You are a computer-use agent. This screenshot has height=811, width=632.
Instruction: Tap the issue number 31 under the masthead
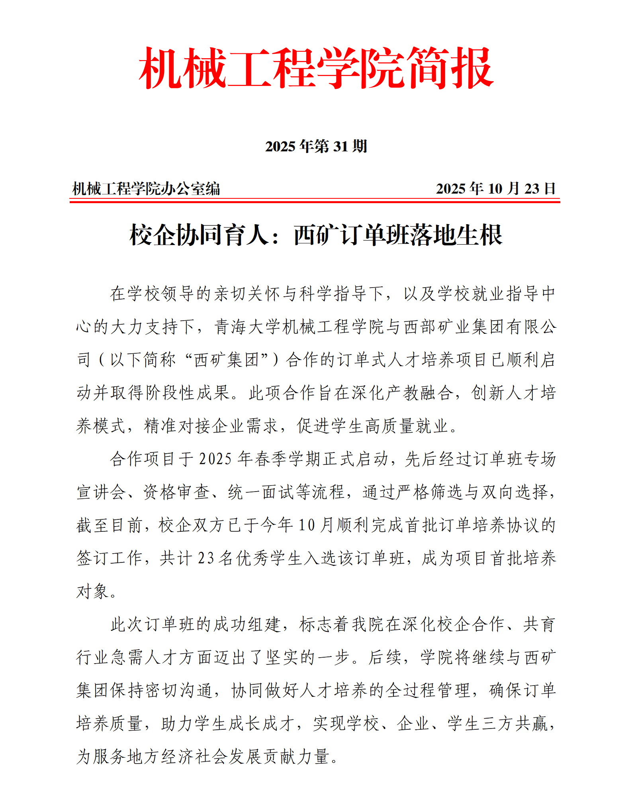pos(340,147)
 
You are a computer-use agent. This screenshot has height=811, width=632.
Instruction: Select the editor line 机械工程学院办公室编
pos(146,189)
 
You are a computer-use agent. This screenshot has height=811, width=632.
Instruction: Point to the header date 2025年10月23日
pos(495,189)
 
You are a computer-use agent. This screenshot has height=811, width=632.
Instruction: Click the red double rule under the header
pos(315,200)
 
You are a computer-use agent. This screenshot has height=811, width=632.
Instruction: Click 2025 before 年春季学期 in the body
pos(215,459)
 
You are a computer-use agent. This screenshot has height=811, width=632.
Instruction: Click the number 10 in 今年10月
pos(307,525)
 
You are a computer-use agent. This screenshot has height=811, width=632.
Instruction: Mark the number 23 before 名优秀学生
pos(206,558)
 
